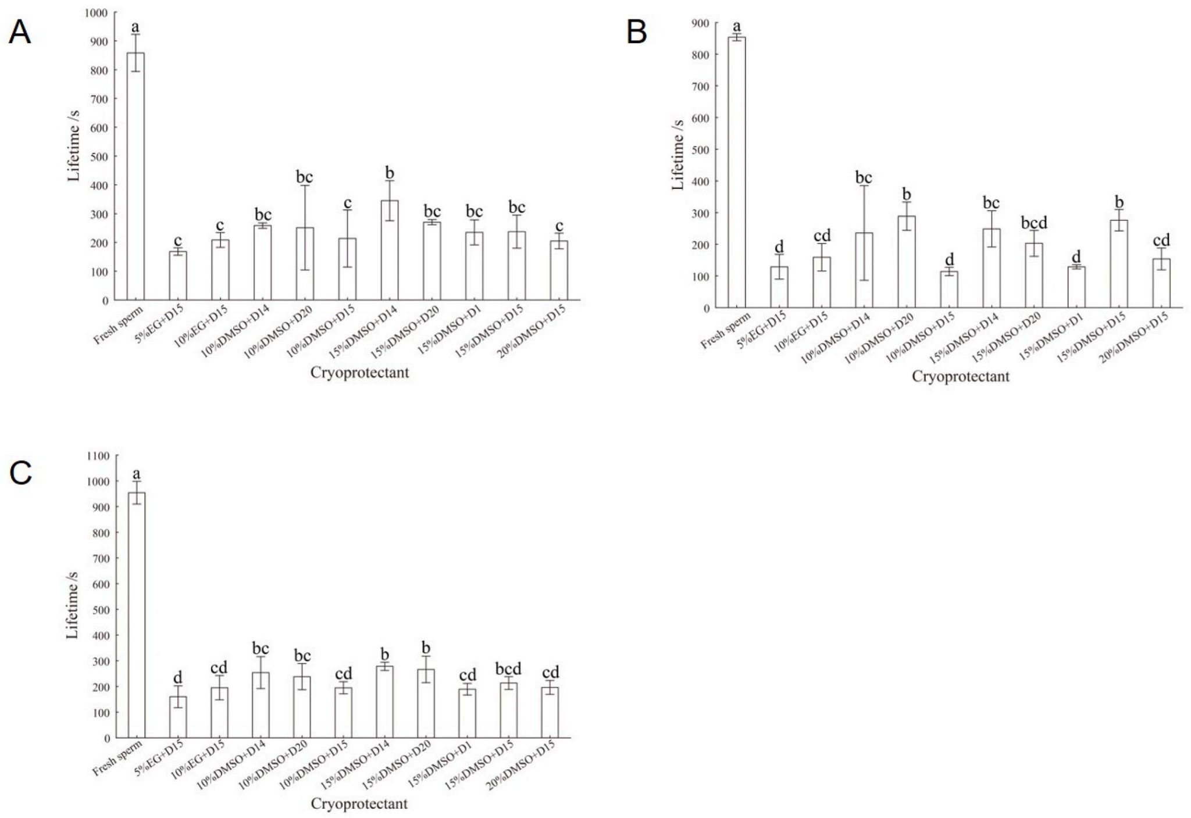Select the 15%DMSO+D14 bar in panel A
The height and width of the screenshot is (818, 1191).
390,250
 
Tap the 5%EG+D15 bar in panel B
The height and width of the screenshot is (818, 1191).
779,287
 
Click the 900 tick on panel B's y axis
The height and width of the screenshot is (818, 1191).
700,23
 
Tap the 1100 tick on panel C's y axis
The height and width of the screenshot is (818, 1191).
98,456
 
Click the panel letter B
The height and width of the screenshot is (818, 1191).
637,32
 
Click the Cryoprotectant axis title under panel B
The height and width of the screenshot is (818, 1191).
960,377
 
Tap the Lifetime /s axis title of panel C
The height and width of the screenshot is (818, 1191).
73,605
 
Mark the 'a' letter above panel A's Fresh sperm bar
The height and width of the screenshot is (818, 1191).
135,27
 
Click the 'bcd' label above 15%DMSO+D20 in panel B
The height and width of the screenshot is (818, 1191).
1033,223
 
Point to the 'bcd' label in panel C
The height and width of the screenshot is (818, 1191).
509,669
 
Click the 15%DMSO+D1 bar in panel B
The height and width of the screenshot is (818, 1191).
1076,287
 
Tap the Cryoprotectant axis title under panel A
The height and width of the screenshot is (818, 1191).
359,373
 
